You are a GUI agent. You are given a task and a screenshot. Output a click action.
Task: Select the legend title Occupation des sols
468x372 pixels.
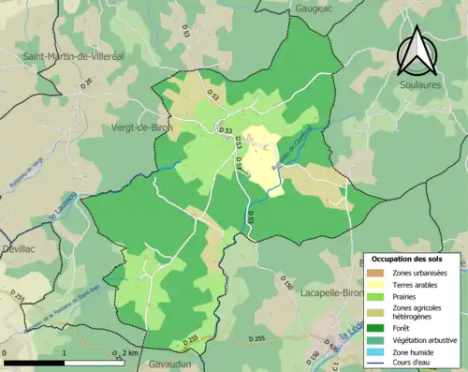(x=408, y=258)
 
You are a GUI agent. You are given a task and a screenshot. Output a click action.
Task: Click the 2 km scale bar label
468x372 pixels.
(x=131, y=352)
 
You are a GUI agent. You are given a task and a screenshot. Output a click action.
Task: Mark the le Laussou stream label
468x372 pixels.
(x=62, y=210)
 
